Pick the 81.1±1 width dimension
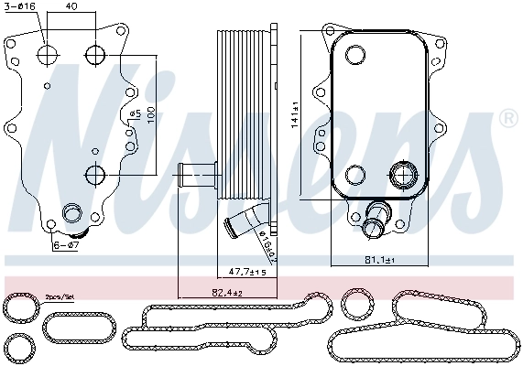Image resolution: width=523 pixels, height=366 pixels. [x=377, y=261]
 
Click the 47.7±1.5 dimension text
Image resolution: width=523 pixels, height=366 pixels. [x=247, y=272]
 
